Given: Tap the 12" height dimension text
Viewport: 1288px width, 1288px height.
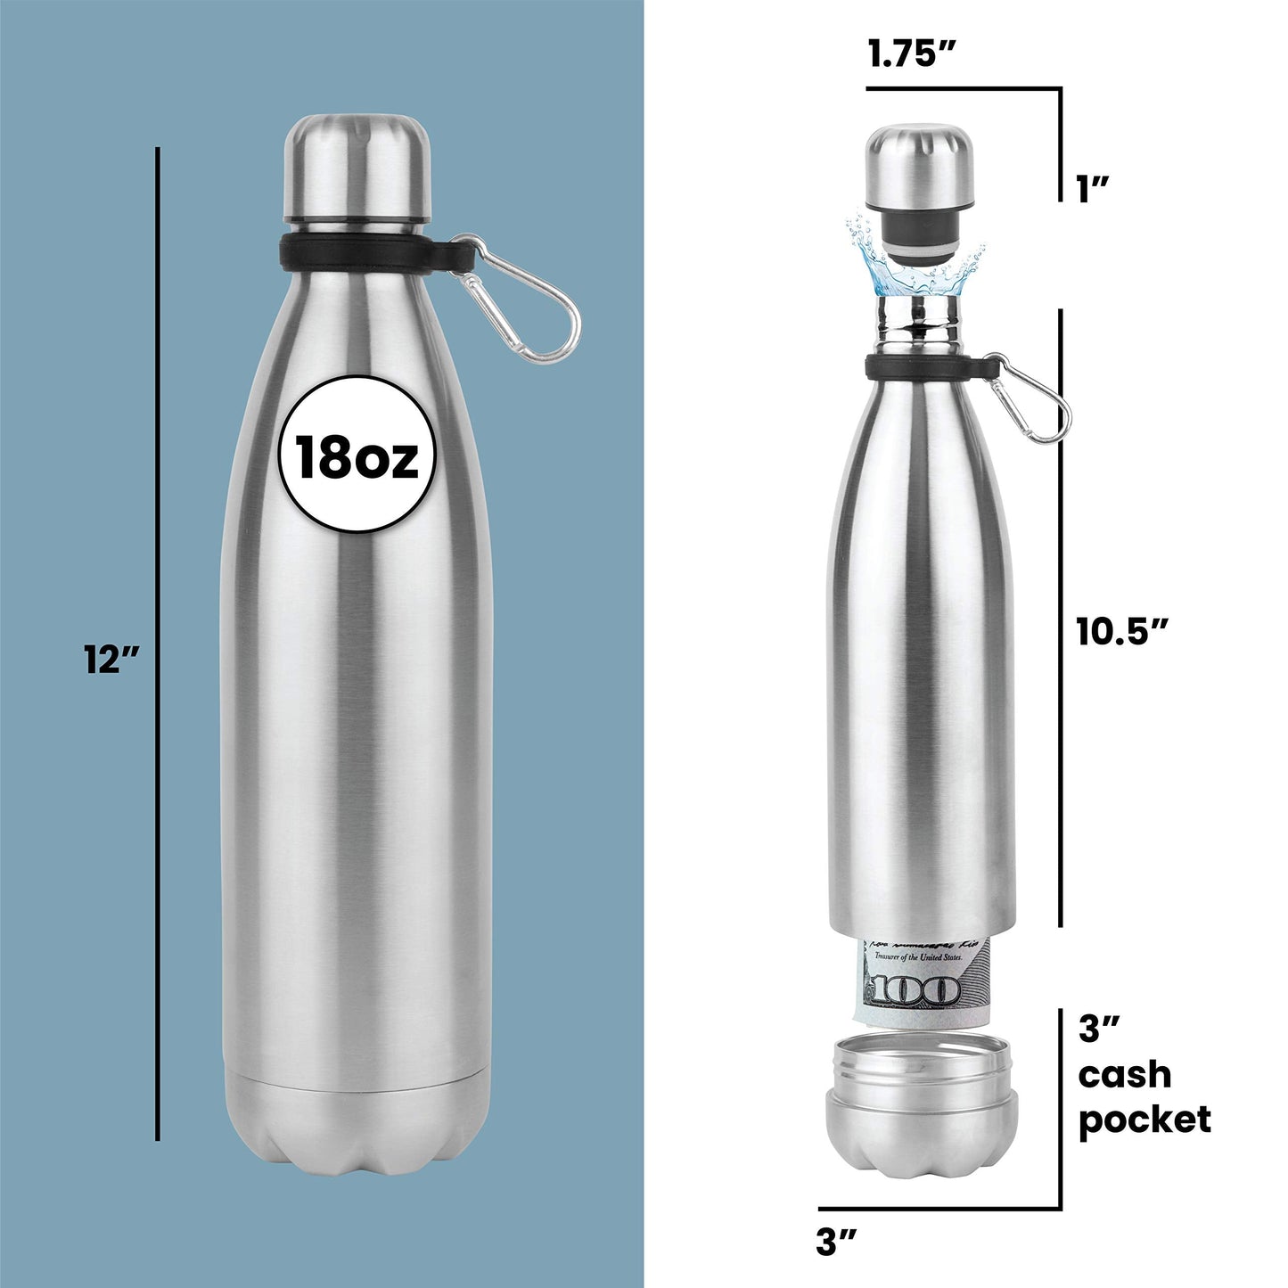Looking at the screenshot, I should tap(112, 660).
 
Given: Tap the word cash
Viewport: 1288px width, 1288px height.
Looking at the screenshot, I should tap(1124, 1075).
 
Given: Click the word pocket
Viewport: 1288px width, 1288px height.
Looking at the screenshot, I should tap(1144, 1120).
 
